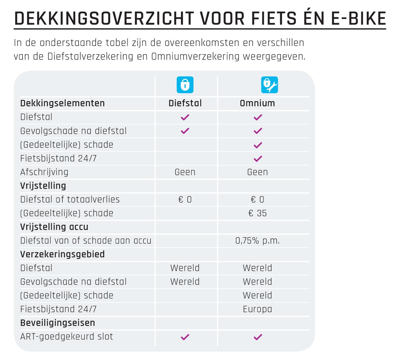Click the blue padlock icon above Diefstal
(x=185, y=85)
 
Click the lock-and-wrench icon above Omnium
(x=270, y=85)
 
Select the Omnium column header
(x=257, y=103)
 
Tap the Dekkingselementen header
(x=62, y=103)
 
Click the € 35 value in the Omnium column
(x=258, y=213)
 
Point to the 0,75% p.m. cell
(x=258, y=241)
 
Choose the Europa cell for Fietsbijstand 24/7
(x=257, y=309)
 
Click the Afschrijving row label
(x=44, y=172)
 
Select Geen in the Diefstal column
(x=185, y=172)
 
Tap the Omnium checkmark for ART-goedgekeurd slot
(x=258, y=337)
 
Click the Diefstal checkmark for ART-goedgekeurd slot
(x=185, y=337)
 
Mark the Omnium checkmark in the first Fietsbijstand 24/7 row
(x=258, y=158)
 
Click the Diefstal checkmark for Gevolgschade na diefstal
(x=185, y=131)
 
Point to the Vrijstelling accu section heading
(x=54, y=227)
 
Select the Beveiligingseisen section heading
(x=58, y=323)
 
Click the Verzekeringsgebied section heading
(x=62, y=254)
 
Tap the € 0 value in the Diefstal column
(x=185, y=199)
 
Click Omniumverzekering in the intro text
(x=195, y=57)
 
